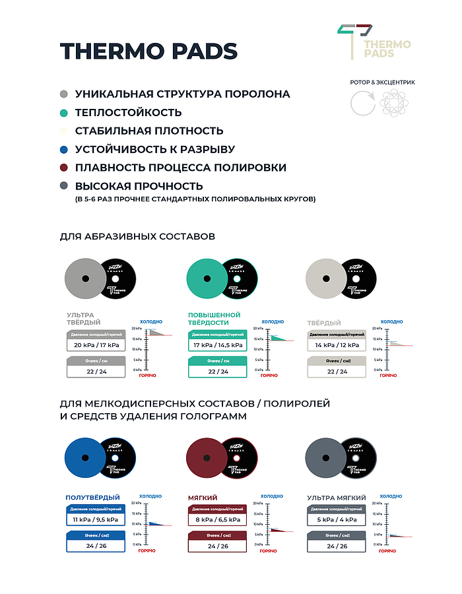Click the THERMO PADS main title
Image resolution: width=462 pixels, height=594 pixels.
(148, 51)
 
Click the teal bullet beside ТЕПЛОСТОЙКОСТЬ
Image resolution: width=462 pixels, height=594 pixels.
(63, 113)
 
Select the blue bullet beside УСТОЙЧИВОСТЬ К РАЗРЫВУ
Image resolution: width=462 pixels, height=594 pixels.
(63, 150)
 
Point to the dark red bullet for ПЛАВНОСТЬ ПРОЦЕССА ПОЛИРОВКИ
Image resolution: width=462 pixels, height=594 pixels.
(63, 168)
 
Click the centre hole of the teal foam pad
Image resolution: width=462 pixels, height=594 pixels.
(209, 278)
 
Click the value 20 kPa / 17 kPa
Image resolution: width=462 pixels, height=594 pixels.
(96, 345)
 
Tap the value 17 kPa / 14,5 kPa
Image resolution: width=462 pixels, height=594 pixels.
(217, 345)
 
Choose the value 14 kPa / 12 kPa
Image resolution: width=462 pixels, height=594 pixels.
(337, 345)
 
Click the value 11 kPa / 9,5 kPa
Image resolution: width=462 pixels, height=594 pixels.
(96, 519)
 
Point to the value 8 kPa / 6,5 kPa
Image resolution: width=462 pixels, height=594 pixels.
(217, 519)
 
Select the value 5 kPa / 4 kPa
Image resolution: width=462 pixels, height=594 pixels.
(337, 519)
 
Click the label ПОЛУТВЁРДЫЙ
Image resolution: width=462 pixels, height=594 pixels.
(92, 497)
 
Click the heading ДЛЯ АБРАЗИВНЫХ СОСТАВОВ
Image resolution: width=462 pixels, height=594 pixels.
(137, 236)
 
